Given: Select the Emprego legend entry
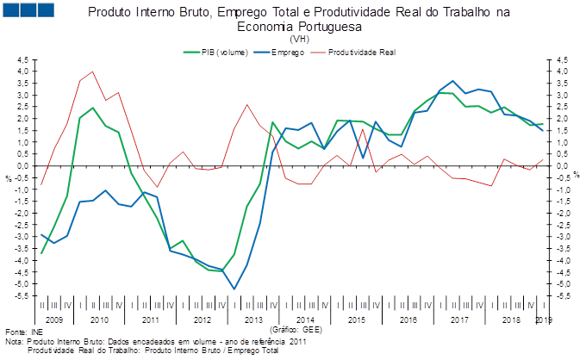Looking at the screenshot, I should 290,52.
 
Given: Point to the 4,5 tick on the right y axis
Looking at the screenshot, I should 562,59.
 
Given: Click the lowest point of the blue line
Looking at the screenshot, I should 234,289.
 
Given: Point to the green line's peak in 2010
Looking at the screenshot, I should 92,109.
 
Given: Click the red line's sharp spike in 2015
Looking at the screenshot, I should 363,130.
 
